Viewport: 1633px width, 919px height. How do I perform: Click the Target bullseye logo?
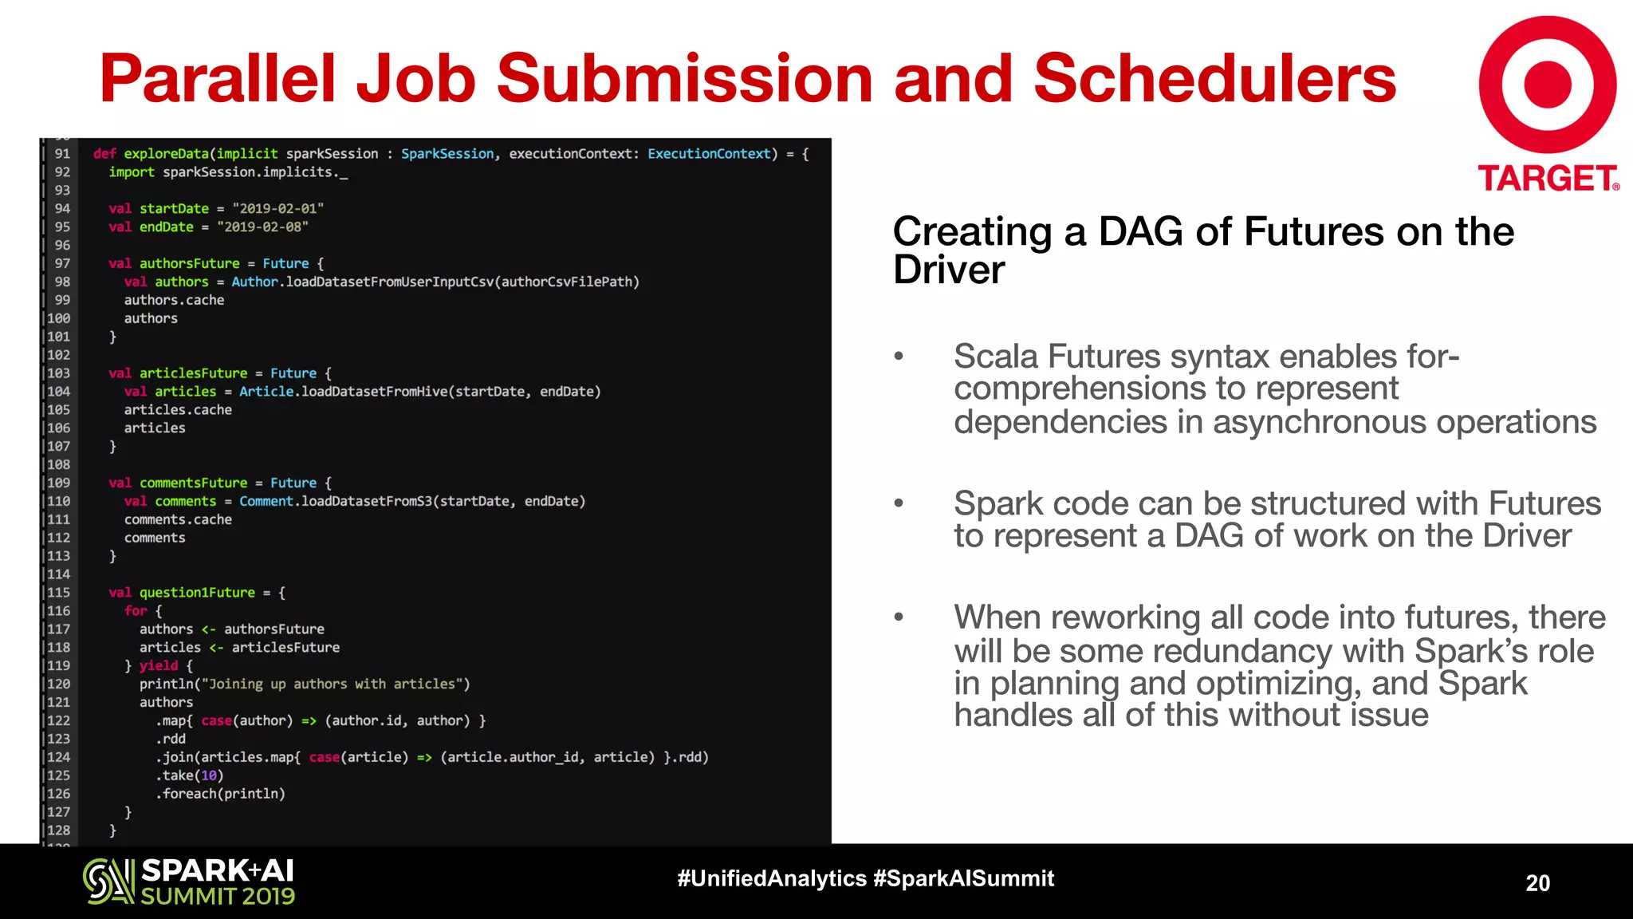point(1547,85)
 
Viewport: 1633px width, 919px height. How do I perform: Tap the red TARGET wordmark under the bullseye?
point(1547,178)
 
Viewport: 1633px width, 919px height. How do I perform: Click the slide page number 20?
point(1537,883)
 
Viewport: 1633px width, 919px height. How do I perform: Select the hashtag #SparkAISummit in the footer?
point(963,878)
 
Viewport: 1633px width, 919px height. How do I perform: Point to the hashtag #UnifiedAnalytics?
point(771,878)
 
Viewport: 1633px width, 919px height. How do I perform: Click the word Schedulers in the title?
point(1214,78)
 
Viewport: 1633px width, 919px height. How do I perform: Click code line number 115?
point(59,593)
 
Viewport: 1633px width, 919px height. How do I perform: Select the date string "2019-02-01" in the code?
point(278,209)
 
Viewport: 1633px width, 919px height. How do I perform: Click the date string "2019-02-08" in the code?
point(262,227)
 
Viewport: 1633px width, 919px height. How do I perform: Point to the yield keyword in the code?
point(159,665)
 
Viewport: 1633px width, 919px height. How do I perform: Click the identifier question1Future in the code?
point(197,593)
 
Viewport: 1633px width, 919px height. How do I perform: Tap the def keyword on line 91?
point(104,154)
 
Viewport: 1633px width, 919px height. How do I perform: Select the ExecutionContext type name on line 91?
point(709,154)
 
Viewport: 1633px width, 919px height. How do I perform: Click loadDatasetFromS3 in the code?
point(367,501)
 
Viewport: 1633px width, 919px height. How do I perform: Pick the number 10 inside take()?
point(209,775)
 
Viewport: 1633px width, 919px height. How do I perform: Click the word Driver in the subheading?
point(949,270)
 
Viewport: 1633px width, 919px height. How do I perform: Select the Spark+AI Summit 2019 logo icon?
point(108,882)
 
